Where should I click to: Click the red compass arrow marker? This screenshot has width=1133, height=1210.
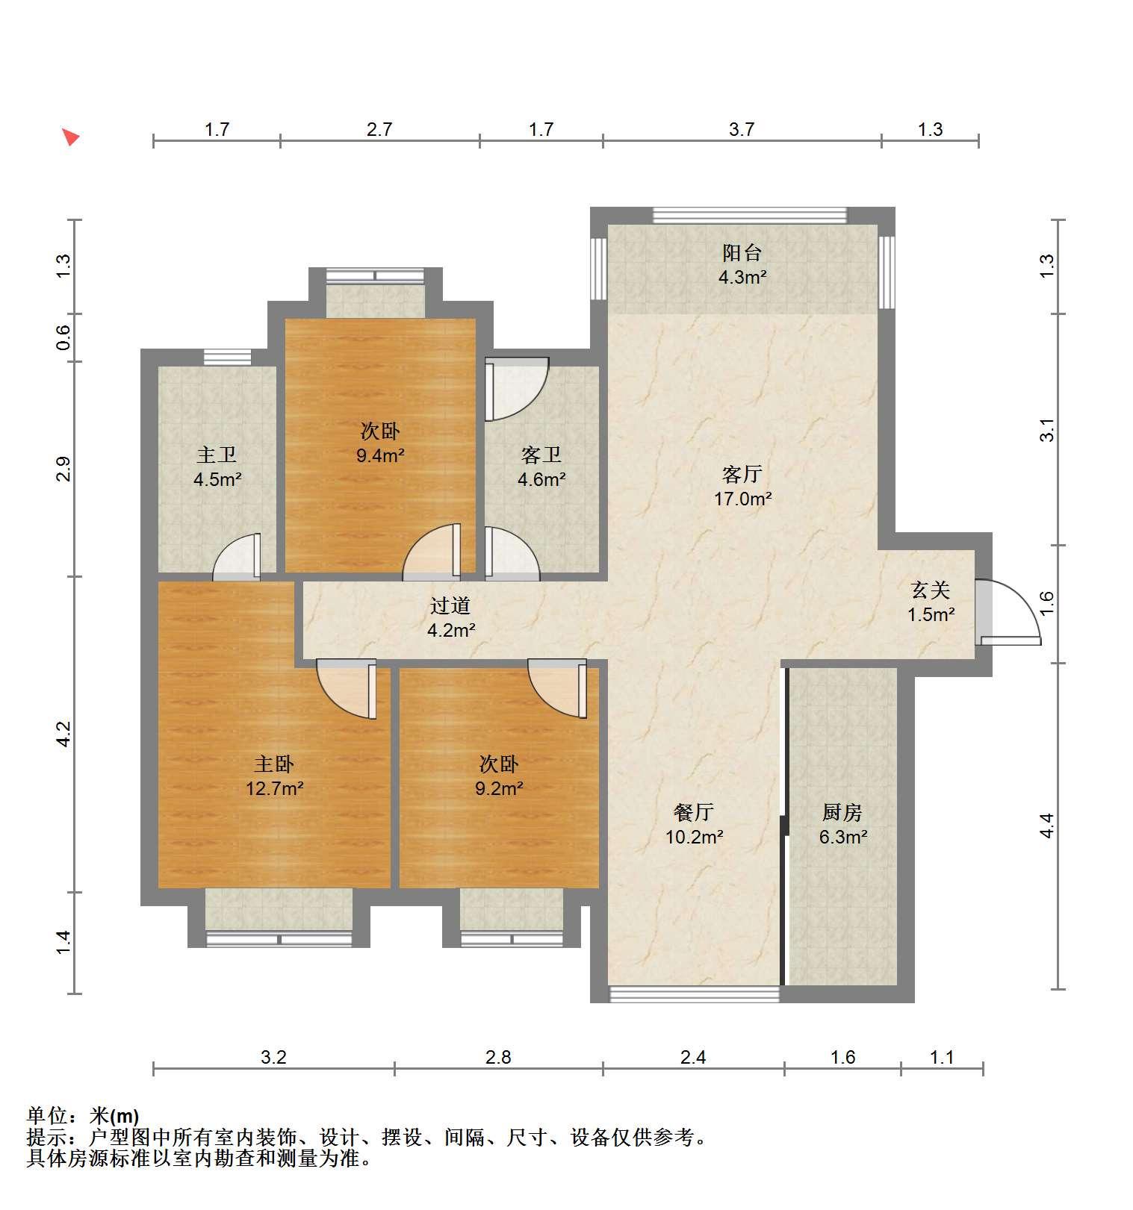click(70, 137)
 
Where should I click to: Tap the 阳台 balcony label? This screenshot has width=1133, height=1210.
click(742, 253)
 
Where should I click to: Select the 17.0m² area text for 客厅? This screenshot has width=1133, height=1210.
click(742, 499)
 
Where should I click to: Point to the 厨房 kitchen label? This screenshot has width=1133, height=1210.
click(842, 812)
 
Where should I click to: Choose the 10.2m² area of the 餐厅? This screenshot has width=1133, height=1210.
click(694, 837)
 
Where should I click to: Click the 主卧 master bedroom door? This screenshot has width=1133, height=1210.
click(347, 688)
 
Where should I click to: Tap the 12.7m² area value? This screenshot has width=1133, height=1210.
click(275, 788)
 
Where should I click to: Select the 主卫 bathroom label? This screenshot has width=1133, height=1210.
click(217, 455)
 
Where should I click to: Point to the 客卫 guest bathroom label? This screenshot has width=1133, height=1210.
click(541, 455)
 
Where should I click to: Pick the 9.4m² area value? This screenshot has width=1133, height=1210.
click(380, 455)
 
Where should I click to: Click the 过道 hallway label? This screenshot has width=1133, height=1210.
click(450, 606)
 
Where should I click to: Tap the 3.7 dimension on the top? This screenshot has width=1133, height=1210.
click(742, 130)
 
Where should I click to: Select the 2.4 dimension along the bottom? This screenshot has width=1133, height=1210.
click(693, 1057)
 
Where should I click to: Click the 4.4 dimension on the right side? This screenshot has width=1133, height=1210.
click(1046, 826)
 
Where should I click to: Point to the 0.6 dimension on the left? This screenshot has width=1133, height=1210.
click(64, 337)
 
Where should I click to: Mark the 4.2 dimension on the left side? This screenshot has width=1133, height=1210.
click(64, 734)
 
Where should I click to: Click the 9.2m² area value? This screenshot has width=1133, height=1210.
click(499, 788)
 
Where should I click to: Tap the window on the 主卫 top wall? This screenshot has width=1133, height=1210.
click(227, 358)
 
